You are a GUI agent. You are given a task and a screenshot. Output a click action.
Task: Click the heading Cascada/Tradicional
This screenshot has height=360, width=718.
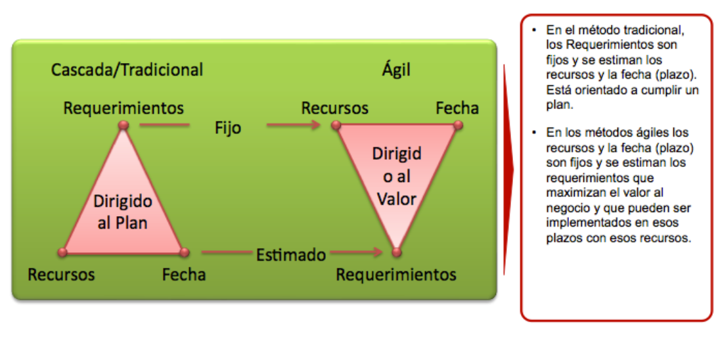tap(127, 70)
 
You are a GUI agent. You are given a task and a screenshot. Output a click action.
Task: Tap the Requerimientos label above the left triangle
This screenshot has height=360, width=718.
tap(123, 108)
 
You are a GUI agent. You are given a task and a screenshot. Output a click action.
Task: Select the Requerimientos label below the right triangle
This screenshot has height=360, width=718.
tap(396, 275)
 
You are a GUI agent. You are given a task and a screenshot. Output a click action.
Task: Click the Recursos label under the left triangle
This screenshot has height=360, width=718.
tap(61, 275)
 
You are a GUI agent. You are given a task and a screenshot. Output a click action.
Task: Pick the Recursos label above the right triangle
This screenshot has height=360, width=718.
tap(335, 108)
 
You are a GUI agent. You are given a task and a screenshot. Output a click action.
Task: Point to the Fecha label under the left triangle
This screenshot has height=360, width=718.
tap(184, 275)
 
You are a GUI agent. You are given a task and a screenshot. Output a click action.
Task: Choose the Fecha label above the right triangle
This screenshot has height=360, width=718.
tap(457, 108)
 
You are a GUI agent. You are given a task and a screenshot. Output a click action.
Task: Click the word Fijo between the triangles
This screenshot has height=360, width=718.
tap(227, 128)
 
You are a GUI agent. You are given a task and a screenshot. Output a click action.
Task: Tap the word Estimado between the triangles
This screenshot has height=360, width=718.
tap(291, 255)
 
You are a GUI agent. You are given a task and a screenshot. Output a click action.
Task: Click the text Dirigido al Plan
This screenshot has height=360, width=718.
tap(123, 212)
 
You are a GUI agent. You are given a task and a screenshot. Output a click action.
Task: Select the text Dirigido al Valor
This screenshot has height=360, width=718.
tap(397, 176)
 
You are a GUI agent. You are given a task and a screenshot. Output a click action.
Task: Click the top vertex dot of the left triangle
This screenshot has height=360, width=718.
tap(123, 125)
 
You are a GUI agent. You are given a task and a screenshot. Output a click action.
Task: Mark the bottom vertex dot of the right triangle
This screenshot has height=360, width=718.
tap(397, 252)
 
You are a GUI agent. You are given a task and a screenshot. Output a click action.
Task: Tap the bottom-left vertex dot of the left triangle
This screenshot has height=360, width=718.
tap(62, 252)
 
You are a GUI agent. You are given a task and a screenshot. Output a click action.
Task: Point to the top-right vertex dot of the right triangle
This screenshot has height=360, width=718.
tap(457, 125)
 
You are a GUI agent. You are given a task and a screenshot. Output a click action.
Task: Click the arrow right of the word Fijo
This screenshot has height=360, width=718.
tap(294, 125)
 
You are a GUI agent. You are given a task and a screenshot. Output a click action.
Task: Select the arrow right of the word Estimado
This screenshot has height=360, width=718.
tap(356, 252)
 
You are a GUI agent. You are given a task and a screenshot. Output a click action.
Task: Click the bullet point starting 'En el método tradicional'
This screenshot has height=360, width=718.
tap(623, 67)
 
